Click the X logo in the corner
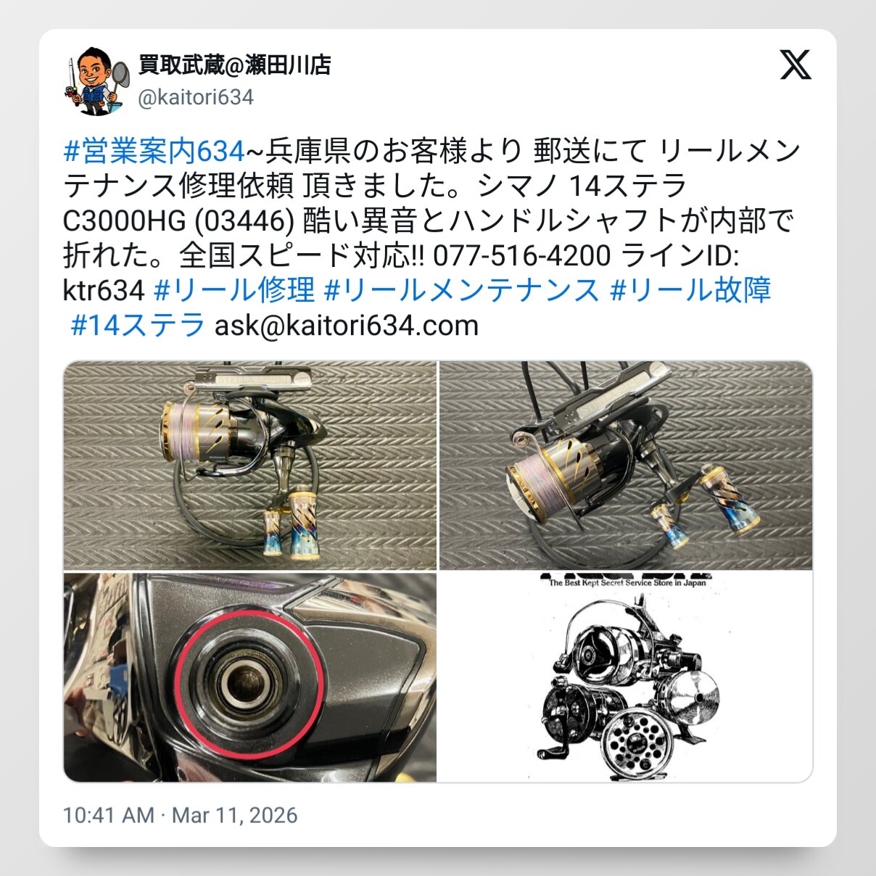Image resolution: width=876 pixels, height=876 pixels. point(796,65)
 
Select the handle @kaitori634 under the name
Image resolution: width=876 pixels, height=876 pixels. point(196,98)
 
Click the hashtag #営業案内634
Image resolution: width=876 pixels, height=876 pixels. point(154,152)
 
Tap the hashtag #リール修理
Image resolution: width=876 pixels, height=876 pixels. point(234,289)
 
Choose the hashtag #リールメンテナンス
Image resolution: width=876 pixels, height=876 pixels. point(461,289)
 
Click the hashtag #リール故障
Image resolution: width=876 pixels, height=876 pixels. point(690,289)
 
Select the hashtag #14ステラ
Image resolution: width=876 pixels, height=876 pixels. point(138,325)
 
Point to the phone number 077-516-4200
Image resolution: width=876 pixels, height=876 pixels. point(522,255)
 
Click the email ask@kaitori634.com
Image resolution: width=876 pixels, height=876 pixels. point(347,326)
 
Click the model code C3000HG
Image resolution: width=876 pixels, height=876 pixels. point(124,221)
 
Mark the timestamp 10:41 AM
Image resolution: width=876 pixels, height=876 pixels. point(109,815)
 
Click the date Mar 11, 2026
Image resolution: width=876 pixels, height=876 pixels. point(234,815)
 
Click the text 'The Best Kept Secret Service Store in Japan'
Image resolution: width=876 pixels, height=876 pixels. point(627,583)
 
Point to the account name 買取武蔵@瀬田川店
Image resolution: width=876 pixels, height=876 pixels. point(234,65)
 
